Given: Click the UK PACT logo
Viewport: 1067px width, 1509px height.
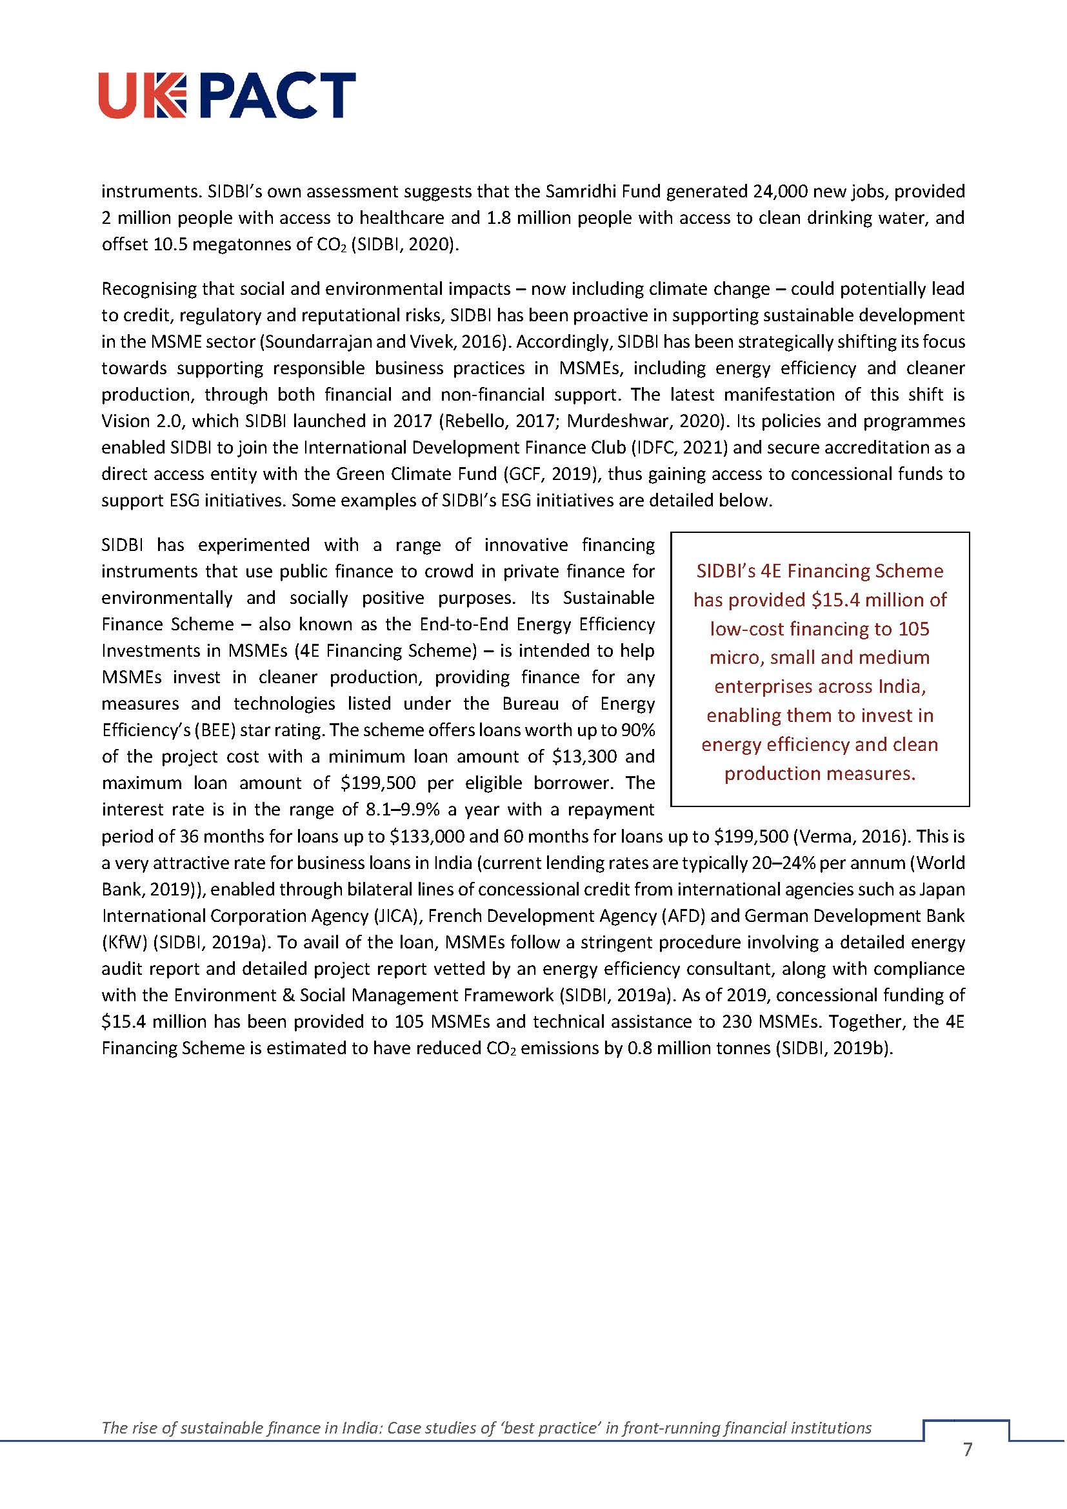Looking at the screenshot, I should [x=227, y=96].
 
